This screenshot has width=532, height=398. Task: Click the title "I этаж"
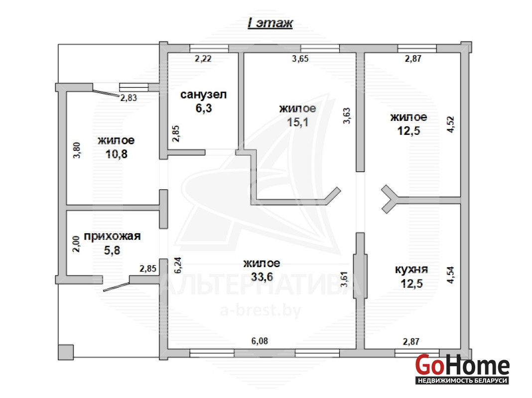tap(270, 23)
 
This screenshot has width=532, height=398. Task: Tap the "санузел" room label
tap(203, 95)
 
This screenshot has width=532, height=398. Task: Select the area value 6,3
tap(204, 108)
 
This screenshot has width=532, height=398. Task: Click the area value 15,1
tap(297, 122)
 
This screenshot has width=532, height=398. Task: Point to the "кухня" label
tap(411, 270)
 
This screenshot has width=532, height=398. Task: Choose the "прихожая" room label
tap(112, 236)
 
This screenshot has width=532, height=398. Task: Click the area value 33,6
tap(262, 277)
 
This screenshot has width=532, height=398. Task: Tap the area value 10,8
tap(117, 154)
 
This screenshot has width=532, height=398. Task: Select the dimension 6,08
tap(260, 341)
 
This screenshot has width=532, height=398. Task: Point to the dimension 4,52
tap(450, 124)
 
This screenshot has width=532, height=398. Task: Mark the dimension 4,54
tap(450, 275)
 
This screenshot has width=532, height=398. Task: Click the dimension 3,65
tap(300, 59)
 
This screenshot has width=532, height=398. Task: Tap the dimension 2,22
tap(203, 59)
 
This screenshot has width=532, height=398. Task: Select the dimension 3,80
tap(77, 150)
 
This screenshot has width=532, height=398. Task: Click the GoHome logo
tap(462, 369)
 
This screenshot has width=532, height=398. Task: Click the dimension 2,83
tap(129, 98)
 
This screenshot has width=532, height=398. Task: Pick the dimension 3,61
tap(344, 280)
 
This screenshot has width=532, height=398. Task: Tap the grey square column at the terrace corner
tap(66, 352)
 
